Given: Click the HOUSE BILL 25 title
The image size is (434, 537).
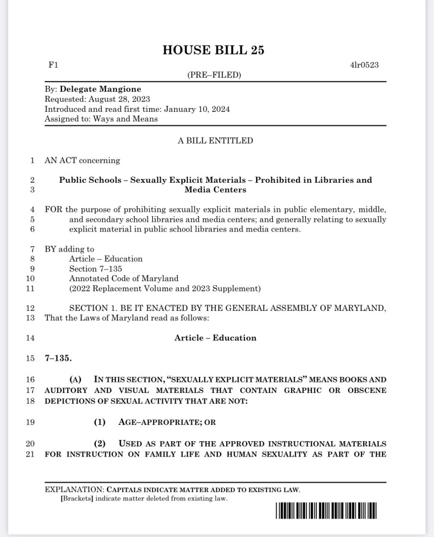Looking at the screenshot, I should (213, 50).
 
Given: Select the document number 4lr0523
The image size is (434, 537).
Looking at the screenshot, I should (364, 65).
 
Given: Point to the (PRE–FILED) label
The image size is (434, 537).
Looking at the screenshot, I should (214, 75).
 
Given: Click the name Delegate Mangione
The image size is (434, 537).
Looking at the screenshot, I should (101, 89).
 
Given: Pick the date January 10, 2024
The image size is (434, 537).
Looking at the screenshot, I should (197, 109).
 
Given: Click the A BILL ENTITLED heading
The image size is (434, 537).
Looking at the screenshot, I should (215, 140).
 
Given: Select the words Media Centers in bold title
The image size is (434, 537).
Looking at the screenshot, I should (215, 190).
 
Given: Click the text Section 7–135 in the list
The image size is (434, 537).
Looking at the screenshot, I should (95, 268).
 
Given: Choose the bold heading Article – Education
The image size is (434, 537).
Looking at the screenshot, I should (215, 338).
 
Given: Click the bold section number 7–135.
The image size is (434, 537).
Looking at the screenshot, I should (58, 358).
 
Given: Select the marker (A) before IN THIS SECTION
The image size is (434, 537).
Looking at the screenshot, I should (76, 379).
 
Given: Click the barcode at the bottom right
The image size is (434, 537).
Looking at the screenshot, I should (326, 511).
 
